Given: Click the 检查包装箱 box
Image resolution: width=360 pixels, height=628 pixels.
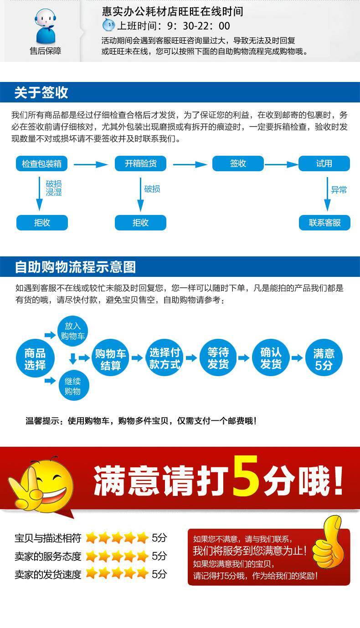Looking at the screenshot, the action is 42,163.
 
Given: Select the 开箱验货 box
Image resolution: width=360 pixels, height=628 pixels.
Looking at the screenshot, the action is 140,163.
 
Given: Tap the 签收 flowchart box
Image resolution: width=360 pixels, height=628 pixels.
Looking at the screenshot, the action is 238,163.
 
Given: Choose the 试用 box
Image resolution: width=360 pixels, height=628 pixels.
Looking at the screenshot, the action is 324,163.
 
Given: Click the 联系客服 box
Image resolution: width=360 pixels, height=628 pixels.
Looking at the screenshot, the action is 324,223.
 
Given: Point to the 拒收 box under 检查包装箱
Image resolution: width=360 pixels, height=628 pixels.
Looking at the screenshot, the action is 42,223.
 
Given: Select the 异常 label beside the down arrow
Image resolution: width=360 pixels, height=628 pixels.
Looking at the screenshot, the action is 339,190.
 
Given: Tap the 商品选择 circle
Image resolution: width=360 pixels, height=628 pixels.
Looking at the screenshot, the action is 35,359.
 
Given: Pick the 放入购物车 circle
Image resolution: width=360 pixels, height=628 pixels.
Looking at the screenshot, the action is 72,331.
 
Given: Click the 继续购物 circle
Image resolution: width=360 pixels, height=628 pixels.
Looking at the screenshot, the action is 73,386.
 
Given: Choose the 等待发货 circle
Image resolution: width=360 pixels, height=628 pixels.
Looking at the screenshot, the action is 218,358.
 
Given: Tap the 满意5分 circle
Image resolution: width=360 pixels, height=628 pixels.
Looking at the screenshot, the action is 324,359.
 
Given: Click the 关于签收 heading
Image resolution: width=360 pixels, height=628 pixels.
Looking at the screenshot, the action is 41,93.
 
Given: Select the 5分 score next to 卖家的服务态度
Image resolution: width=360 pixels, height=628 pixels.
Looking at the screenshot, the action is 159,556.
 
